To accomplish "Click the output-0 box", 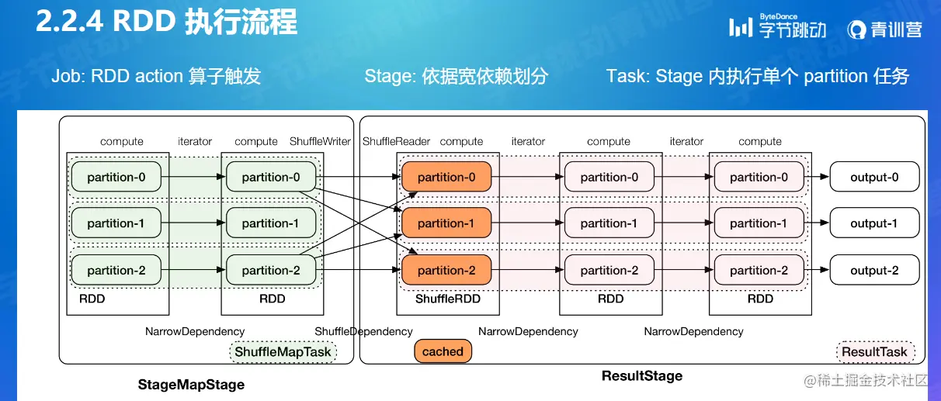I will tap(874, 178).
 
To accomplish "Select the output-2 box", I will tap(874, 271).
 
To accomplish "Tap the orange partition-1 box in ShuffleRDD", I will tap(446, 223).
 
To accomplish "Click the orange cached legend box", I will tap(443, 351).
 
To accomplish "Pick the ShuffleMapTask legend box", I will tap(283, 352).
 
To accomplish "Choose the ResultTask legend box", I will tap(874, 352).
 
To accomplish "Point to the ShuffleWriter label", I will tap(321, 142).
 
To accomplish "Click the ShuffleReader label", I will tap(395, 142).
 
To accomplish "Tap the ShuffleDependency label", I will tap(363, 332).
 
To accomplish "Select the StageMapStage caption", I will tap(191, 385).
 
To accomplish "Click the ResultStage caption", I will tap(642, 376).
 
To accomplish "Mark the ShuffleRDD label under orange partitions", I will tap(448, 299).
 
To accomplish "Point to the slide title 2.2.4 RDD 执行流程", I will tap(166, 22).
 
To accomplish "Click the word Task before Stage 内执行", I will tap(626, 76).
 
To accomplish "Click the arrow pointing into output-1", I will tap(818, 223).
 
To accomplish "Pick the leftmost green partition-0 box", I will tap(116, 178).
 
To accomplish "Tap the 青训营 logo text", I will tap(886, 29).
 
